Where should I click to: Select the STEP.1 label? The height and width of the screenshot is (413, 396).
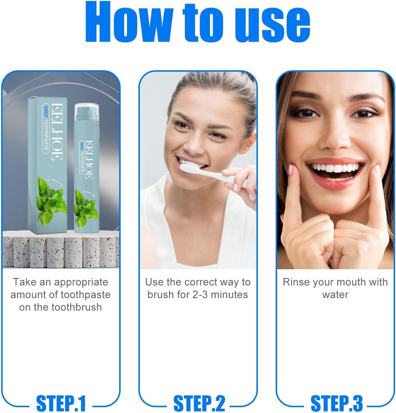pos(61,404)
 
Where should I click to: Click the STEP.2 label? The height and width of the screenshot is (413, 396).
pos(199,404)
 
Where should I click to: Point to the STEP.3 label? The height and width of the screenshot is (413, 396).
pos(337,404)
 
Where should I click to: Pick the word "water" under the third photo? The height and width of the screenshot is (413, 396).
pos(335,295)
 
